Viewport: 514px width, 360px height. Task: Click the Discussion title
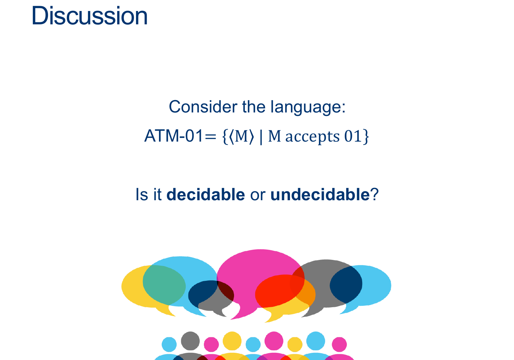click(x=89, y=16)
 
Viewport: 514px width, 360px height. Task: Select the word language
click(x=308, y=107)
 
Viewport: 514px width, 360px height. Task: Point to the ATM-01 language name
click(x=173, y=136)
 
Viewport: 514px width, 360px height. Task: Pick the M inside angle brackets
click(x=241, y=136)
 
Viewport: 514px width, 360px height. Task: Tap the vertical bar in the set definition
click(x=261, y=137)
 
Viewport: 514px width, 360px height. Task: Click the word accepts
click(x=312, y=137)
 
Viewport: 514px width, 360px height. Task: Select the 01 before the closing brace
click(x=353, y=136)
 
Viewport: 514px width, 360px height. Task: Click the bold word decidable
click(x=206, y=194)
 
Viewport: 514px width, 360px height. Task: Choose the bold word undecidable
click(x=320, y=194)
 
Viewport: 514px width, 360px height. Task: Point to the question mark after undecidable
click(x=374, y=194)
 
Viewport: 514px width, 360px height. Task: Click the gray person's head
click(x=190, y=341)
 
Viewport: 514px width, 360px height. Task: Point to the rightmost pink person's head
click(x=339, y=344)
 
